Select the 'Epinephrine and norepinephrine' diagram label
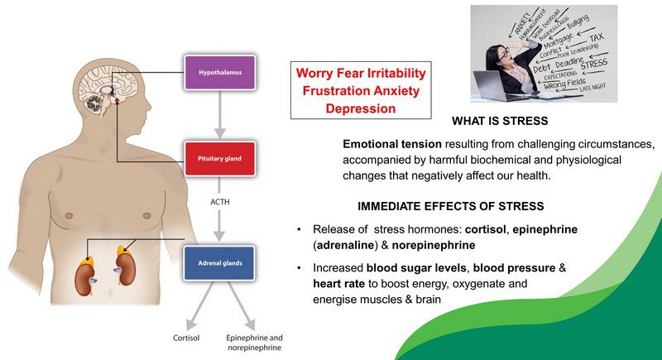[254, 343]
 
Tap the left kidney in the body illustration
[86, 268]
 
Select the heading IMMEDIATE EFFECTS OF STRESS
[450, 205]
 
